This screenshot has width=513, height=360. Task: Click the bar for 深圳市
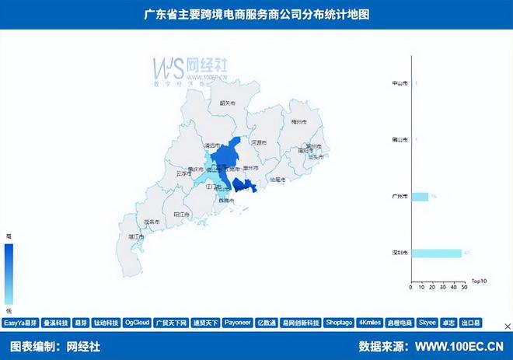[x=438, y=253]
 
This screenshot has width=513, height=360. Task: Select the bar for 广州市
[x=420, y=197]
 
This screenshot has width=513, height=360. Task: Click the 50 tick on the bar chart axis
[x=464, y=288]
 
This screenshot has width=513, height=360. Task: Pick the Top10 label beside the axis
[x=479, y=281]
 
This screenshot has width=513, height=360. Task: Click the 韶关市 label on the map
[x=228, y=102]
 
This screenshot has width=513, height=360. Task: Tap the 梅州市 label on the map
[x=298, y=122]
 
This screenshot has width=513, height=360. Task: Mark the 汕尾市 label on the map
[x=277, y=179]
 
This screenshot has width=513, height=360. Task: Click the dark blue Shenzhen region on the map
[x=244, y=186]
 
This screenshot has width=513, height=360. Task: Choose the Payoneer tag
[x=236, y=322]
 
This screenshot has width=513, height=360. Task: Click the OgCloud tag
[x=137, y=322]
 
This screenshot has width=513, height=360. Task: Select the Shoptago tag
[x=339, y=322]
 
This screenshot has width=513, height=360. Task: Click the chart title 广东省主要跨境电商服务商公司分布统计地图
[x=256, y=15]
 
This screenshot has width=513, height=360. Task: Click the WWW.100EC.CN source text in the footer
[x=459, y=346]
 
